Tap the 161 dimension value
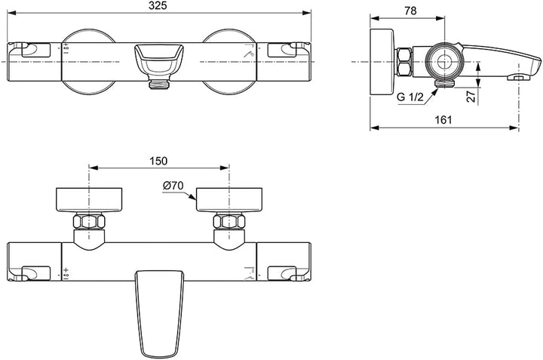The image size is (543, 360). point(444,120)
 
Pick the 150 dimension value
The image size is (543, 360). point(158,161)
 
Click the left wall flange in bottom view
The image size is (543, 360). point(90,201)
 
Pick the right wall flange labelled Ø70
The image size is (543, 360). point(229,201)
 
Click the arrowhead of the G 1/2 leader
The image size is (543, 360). point(435,88)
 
